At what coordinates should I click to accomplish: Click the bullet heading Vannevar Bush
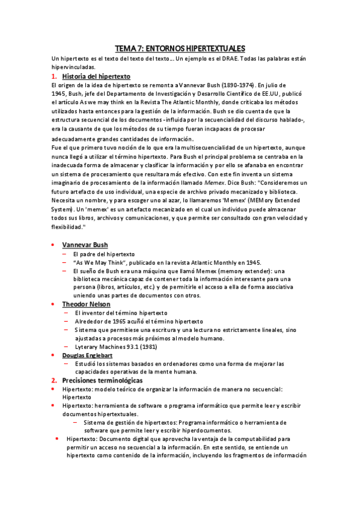(x=85, y=245)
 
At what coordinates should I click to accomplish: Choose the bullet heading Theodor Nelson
(x=87, y=304)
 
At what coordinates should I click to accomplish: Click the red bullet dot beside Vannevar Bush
(x=54, y=245)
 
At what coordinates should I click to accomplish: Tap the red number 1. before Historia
(x=54, y=76)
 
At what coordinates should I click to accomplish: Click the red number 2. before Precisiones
(x=54, y=381)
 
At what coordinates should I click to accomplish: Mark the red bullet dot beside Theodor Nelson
(x=54, y=304)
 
